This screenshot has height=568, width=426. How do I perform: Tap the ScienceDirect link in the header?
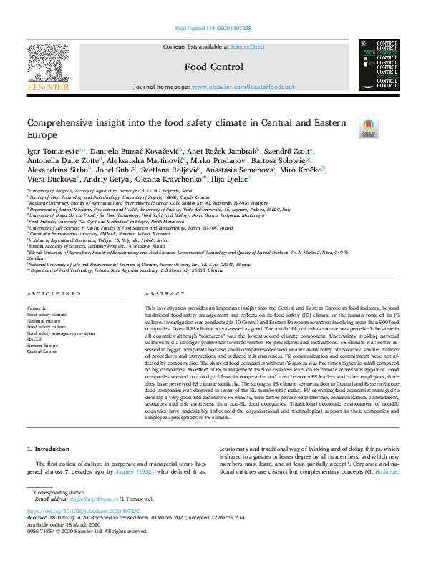247,47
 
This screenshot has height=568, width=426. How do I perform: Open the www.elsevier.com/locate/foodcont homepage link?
243,87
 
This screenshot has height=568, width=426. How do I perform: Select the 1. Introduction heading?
49,449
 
